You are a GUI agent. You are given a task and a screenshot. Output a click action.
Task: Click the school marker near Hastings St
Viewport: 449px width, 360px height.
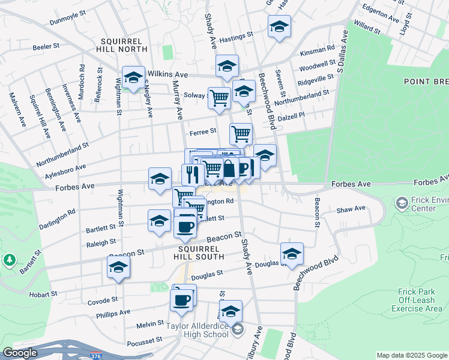click(279, 27)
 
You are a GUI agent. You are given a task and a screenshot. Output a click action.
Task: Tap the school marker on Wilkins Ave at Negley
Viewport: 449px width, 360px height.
click(133, 77)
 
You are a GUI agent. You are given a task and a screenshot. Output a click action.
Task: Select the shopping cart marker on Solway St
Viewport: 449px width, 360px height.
click(220, 97)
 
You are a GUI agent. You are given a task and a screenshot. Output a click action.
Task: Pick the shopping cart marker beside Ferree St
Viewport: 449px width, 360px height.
click(241, 134)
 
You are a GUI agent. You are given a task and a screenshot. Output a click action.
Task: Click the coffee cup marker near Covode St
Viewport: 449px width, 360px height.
click(181, 299)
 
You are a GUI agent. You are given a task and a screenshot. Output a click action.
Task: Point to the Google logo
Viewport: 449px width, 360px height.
click(20, 353)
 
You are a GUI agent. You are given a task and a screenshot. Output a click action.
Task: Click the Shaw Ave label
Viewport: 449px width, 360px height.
click(351, 209)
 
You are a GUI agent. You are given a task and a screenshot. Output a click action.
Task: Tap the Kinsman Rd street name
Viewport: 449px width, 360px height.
click(319, 49)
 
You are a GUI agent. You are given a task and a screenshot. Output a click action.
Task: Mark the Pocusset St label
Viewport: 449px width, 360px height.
click(145, 341)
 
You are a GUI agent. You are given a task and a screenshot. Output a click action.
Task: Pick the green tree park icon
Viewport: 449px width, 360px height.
click(9, 260)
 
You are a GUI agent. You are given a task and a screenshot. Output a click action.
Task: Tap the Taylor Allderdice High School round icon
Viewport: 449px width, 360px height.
click(238, 329)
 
